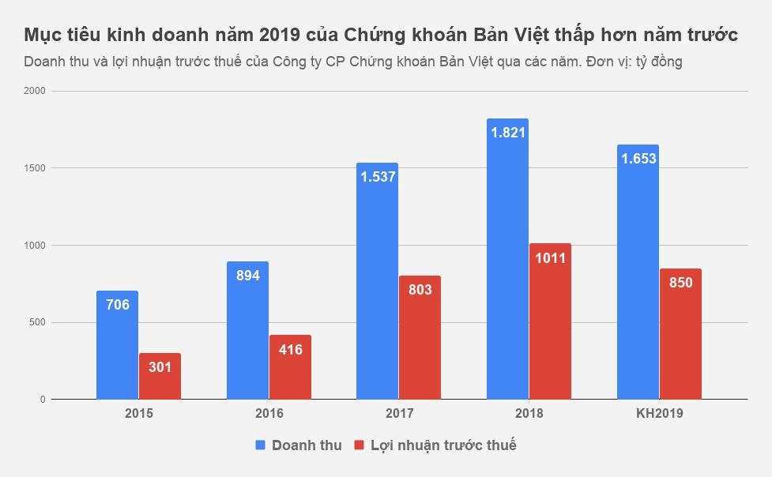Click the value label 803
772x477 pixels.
(420, 290)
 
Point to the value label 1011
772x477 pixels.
(550, 258)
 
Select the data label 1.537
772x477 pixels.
(377, 177)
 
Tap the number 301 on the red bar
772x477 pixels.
(160, 367)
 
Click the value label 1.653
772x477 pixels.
(638, 159)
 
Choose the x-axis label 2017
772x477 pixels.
(399, 413)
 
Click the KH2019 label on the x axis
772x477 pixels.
(659, 413)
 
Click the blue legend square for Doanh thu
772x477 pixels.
(260, 445)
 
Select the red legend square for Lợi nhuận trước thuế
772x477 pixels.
(359, 445)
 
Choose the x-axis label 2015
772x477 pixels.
(139, 413)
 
